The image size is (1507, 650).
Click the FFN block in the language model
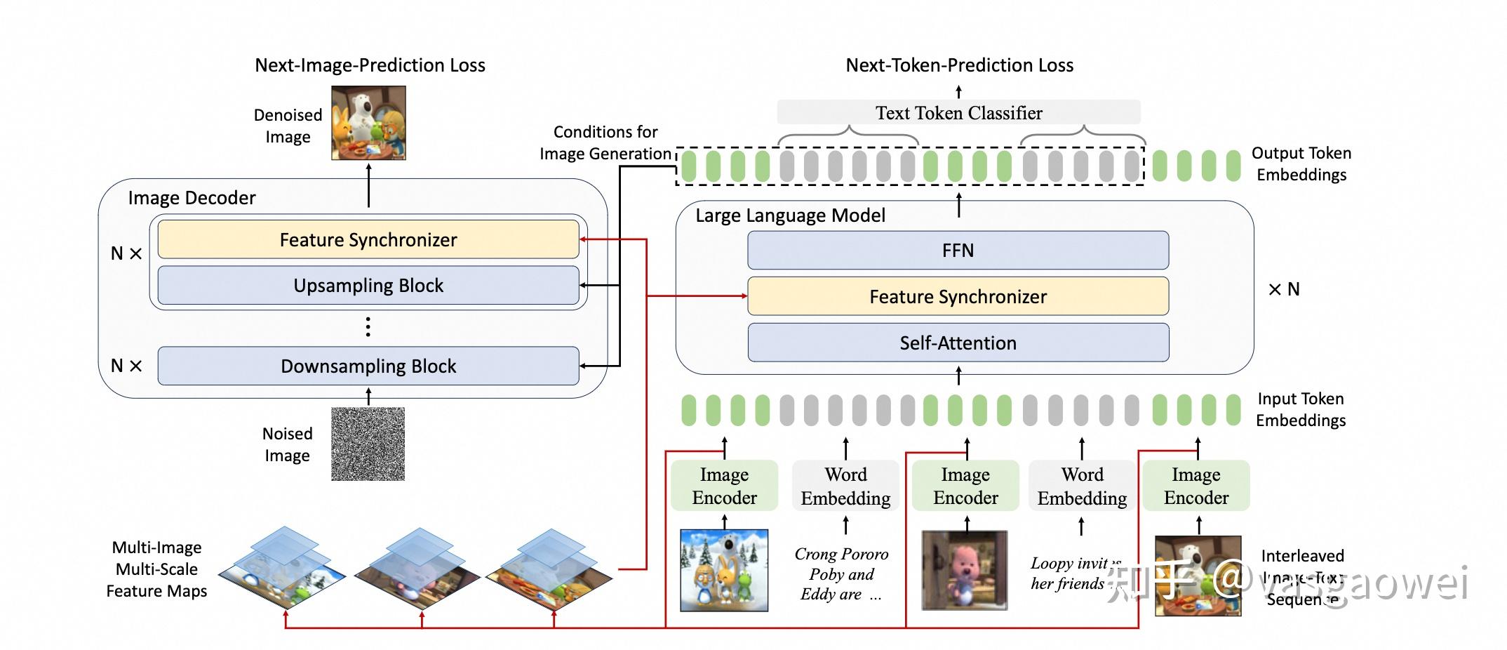(958, 251)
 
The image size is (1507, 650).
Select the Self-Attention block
(958, 343)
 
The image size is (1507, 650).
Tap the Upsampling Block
(368, 286)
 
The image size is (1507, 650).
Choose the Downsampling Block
(368, 366)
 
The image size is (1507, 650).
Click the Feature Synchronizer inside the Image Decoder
(368, 240)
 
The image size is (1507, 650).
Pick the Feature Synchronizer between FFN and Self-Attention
(958, 296)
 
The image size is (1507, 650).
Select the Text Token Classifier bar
(958, 112)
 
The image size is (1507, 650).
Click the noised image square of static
(368, 444)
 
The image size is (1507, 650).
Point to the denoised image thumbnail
(368, 123)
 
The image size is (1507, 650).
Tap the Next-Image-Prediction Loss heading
(370, 65)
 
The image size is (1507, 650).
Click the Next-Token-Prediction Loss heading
(959, 65)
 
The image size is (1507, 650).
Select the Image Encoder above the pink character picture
(965, 486)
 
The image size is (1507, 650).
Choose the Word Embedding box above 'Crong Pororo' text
(845, 486)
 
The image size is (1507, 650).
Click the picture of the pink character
(964, 570)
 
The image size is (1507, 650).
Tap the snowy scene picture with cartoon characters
(724, 570)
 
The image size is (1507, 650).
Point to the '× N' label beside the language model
(1284, 289)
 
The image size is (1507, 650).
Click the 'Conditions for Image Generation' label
(605, 142)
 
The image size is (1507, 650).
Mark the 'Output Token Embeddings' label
(1301, 164)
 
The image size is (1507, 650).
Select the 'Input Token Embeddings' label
(1301, 409)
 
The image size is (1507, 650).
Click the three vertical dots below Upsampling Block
(368, 327)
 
